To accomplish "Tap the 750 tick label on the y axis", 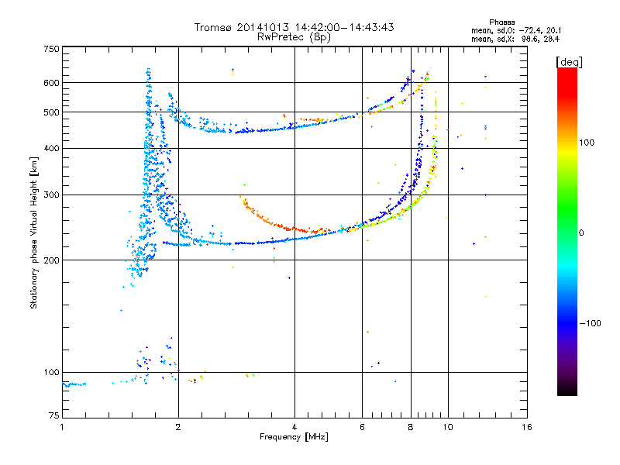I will click(x=51, y=49).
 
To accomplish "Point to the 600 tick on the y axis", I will click(x=51, y=83).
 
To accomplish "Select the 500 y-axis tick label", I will click(x=51, y=112).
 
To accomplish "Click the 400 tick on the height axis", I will click(x=51, y=149).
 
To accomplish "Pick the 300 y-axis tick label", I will click(x=51, y=195).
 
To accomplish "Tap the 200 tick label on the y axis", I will click(x=51, y=260).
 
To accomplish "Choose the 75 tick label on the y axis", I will click(x=53, y=415).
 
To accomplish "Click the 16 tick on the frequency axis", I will click(x=527, y=427).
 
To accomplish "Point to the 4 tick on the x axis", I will click(x=294, y=427).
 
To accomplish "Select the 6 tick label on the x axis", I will click(x=362, y=427).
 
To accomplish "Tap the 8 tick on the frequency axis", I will click(x=411, y=427).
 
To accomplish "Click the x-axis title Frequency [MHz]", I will click(x=294, y=437).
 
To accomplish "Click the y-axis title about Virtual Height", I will click(x=33, y=232).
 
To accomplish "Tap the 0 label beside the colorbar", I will click(x=583, y=232).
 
